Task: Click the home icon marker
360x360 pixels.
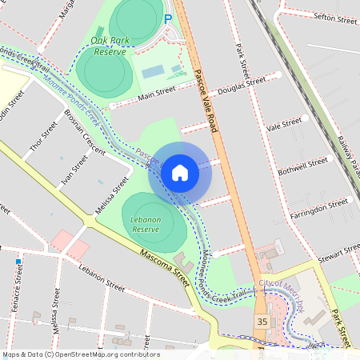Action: coord(180,172)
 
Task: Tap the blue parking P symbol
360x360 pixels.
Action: coord(168,18)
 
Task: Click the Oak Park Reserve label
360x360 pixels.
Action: coord(109,46)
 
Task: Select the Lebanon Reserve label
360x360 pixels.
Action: coord(147,223)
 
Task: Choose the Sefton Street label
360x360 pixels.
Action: coord(335,17)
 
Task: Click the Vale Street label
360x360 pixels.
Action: coord(283,125)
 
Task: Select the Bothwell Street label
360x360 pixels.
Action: coord(302,166)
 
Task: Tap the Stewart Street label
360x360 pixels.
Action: coord(339,253)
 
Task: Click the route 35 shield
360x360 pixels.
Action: coord(262,321)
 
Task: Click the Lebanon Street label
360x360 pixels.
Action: coord(102,277)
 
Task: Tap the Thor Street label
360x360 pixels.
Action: coord(43,137)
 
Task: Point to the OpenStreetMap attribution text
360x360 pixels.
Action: coord(80,354)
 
